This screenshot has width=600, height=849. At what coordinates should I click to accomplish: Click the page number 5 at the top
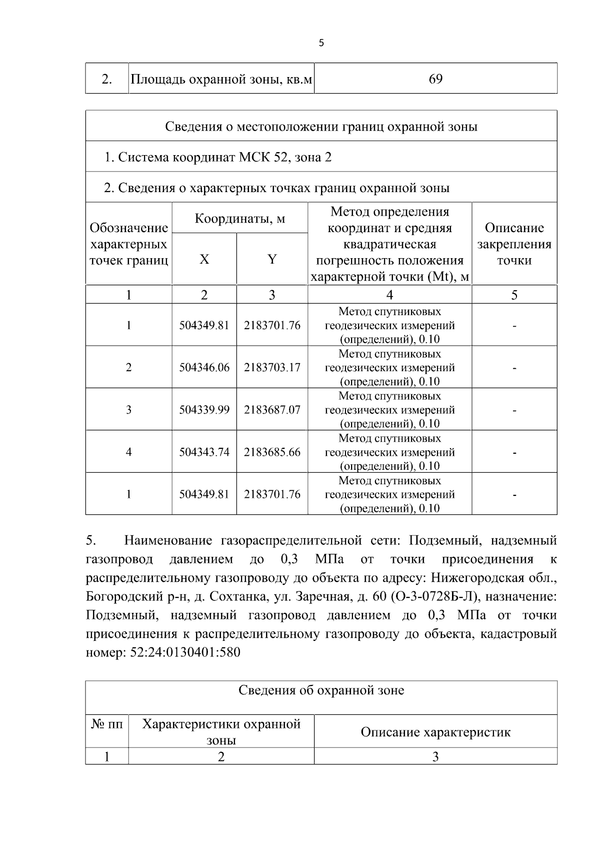click(x=321, y=43)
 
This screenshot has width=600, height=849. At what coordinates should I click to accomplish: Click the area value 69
click(x=435, y=79)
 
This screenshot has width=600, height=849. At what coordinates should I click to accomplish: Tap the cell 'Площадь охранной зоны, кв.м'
click(x=221, y=79)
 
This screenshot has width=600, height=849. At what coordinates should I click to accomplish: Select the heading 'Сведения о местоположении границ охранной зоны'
click(x=321, y=127)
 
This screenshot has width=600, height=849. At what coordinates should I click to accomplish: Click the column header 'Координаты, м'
click(x=239, y=219)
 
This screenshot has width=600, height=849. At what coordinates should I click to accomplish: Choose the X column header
click(x=204, y=259)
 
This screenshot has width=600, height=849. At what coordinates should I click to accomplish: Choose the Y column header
click(x=272, y=259)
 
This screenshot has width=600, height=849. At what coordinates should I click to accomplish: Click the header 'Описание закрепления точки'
click(x=514, y=244)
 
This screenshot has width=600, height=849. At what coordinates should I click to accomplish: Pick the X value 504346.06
click(x=204, y=368)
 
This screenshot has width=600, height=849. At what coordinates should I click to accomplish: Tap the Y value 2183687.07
click(x=272, y=410)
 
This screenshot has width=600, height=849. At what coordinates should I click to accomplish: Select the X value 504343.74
click(x=204, y=452)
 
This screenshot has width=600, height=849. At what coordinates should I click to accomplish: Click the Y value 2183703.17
click(x=272, y=368)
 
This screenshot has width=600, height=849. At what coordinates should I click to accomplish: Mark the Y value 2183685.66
click(x=272, y=452)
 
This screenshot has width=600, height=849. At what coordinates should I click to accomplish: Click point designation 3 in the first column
click(x=128, y=410)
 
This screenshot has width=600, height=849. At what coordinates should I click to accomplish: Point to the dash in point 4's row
click(x=514, y=452)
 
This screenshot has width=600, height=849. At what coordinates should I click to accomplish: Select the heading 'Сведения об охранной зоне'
click(x=321, y=691)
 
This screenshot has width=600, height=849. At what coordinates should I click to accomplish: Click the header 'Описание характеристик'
click(x=435, y=732)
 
